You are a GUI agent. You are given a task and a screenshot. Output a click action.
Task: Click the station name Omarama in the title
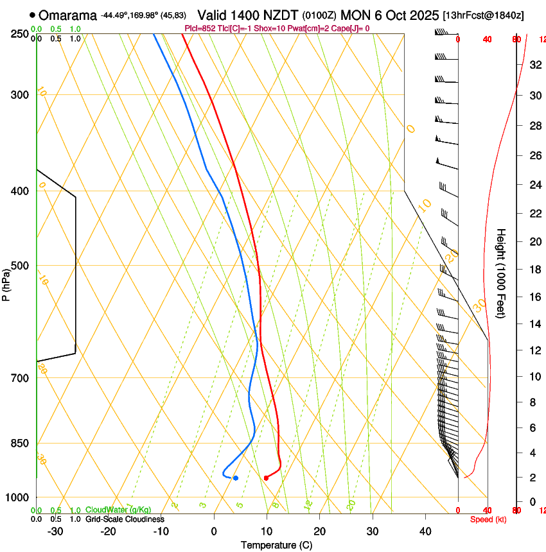pyautogui.click(x=68, y=15)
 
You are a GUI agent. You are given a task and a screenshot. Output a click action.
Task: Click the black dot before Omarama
pyautogui.click(x=32, y=15)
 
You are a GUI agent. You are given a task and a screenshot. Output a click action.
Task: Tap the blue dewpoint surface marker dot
pyautogui.click(x=236, y=478)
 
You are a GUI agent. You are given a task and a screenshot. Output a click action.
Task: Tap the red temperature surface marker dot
pyautogui.click(x=266, y=478)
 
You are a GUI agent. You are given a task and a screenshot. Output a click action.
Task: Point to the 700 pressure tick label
pyautogui.click(x=20, y=378)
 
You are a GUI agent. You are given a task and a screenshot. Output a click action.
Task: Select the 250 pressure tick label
pyautogui.click(x=20, y=34)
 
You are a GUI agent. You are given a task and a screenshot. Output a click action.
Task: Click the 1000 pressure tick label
pyautogui.click(x=17, y=497)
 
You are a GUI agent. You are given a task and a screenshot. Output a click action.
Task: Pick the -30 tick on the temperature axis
pyautogui.click(x=55, y=531)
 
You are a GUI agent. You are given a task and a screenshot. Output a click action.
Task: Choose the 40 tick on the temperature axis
pyautogui.click(x=425, y=531)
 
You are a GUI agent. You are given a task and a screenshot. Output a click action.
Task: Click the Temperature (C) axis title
pyautogui.click(x=276, y=545)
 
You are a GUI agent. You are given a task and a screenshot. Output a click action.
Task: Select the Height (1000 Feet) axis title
pyautogui.click(x=502, y=273)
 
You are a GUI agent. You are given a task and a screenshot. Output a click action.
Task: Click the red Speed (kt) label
pyautogui.click(x=488, y=519)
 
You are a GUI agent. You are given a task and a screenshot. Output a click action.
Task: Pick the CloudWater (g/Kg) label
pyautogui.click(x=118, y=510)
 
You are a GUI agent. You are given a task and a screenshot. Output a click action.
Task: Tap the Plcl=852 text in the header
pyautogui.click(x=200, y=28)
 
